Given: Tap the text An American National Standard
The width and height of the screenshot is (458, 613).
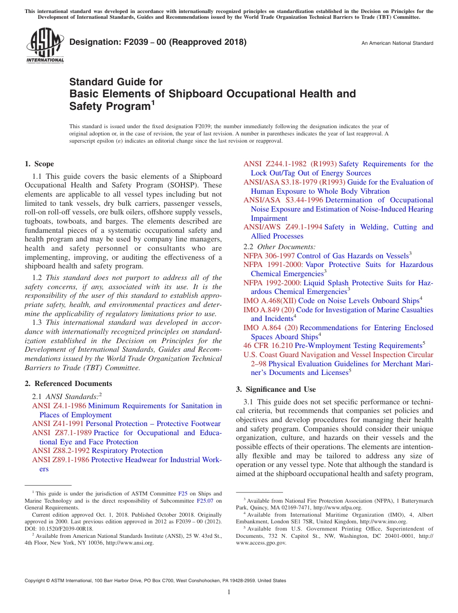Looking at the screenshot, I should [x=397, y=43].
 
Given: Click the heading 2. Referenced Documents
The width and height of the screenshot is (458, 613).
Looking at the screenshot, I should [x=68, y=384].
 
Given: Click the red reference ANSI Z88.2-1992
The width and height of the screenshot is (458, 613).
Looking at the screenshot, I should [x=61, y=451].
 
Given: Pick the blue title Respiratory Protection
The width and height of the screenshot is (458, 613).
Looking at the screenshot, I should [x=127, y=451].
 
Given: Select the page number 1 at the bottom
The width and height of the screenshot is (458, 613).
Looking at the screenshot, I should [x=229, y=592].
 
